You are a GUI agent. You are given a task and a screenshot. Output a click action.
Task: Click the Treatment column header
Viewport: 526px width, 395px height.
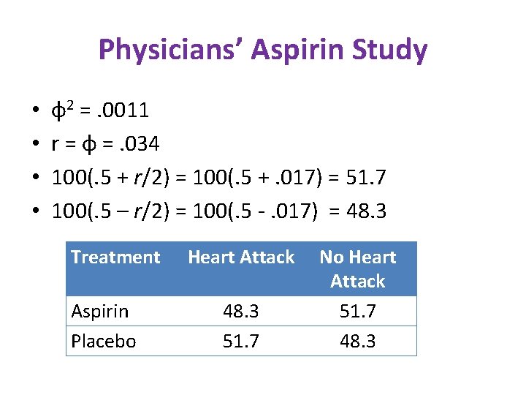click(115, 257)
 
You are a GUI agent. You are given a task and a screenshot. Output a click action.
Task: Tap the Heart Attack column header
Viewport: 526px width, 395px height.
click(241, 257)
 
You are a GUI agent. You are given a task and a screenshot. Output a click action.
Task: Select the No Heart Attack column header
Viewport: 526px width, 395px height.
click(357, 268)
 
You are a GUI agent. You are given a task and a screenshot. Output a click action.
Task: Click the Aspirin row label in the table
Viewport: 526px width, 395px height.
click(99, 312)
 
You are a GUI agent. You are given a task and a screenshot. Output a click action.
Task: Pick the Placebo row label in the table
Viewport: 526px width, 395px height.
click(103, 342)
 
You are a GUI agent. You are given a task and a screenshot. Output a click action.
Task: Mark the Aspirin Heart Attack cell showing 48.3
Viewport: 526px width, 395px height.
click(241, 312)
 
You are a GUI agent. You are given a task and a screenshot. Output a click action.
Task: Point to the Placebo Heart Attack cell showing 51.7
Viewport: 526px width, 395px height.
click(241, 342)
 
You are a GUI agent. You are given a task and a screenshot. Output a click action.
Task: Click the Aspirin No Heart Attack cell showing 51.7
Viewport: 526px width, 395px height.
click(357, 312)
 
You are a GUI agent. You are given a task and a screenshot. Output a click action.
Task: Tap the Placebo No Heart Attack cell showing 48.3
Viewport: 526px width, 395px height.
click(357, 342)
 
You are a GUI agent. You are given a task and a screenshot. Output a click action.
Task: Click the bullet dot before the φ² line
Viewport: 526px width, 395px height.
click(36, 111)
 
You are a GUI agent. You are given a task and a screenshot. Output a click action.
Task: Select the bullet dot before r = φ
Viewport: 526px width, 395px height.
click(36, 145)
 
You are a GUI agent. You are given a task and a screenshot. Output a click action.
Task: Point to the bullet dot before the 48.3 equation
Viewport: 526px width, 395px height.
click(36, 212)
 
